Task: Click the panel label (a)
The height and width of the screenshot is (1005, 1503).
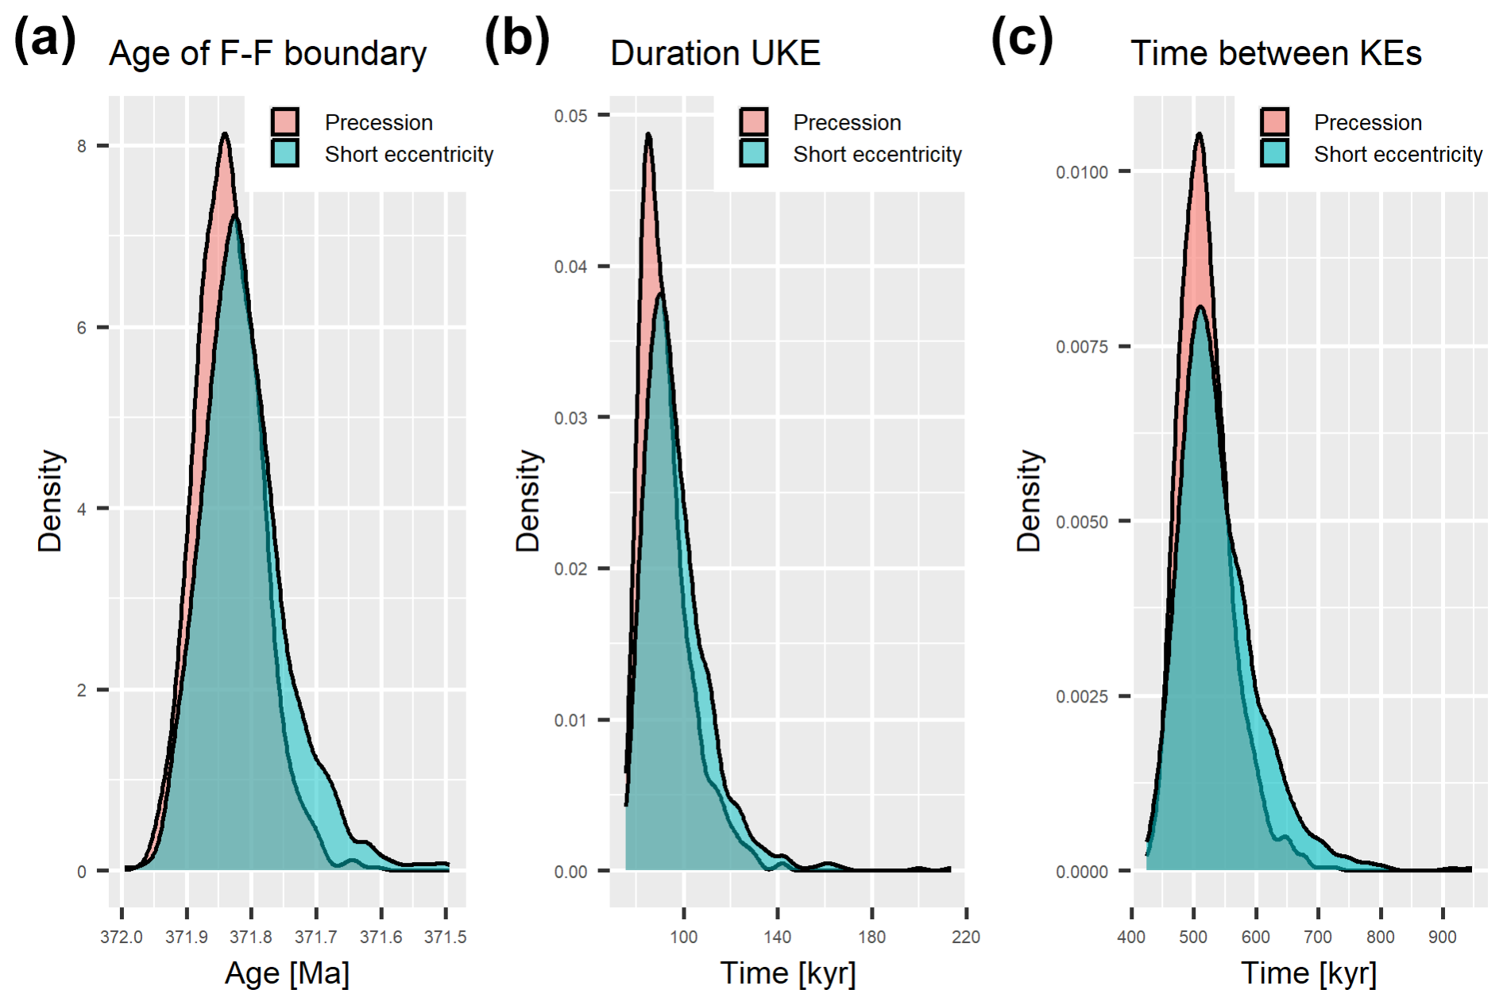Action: tap(45, 39)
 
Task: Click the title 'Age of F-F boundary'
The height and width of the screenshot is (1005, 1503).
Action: tap(268, 54)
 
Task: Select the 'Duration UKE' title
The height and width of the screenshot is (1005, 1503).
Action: tap(715, 54)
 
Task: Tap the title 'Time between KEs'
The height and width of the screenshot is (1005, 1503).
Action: tap(1276, 54)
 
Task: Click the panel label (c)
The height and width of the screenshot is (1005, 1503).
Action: tap(1022, 39)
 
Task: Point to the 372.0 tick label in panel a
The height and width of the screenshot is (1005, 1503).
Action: tap(122, 938)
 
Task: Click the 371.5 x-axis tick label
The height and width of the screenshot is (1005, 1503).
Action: tap(446, 938)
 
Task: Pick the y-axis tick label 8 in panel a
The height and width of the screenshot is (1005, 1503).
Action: tap(82, 146)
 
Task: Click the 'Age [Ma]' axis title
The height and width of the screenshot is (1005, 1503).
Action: tap(287, 973)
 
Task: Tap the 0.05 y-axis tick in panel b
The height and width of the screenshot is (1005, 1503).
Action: tap(570, 116)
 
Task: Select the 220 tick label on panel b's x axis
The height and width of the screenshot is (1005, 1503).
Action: tap(966, 938)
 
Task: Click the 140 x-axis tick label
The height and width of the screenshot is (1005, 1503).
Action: tap(778, 938)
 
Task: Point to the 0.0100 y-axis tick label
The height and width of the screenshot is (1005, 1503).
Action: tap(1081, 172)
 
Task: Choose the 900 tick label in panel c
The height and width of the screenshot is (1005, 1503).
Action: tap(1443, 938)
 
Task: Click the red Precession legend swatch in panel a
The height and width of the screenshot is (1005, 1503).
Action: tap(284, 122)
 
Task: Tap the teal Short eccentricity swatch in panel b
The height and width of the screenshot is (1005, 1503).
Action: tap(753, 153)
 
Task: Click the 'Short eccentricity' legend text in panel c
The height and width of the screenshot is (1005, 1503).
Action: tap(1398, 154)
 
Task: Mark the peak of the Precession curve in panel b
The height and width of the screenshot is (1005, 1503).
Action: tap(649, 134)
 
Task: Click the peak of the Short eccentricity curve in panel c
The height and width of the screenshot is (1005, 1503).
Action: tap(1200, 307)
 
